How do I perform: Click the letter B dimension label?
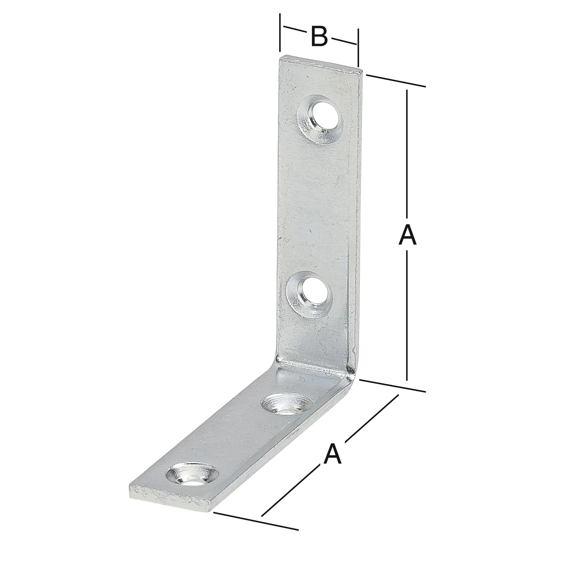click(319, 37)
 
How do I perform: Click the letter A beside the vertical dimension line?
click(407, 235)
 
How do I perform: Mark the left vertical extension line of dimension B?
click(280, 32)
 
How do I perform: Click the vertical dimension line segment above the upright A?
click(407, 154)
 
